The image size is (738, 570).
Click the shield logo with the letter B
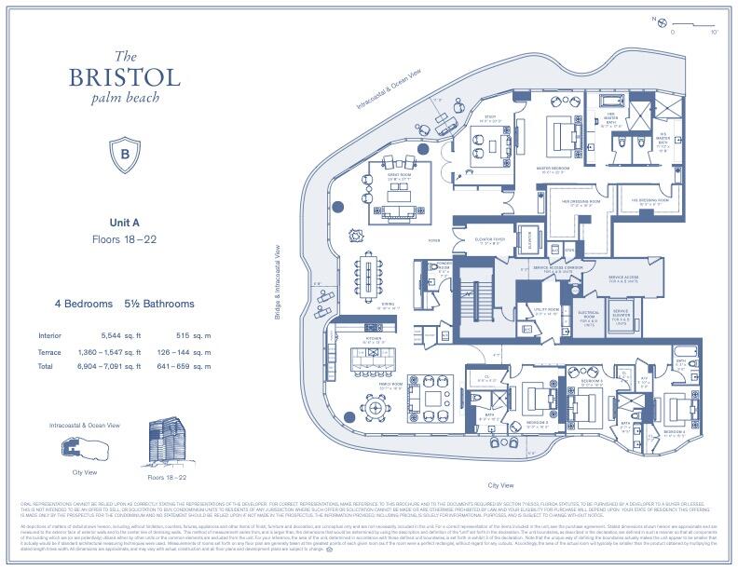[124, 151]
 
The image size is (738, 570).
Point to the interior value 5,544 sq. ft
[118, 335]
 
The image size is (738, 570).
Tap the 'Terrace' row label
[49, 352]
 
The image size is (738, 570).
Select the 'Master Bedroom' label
[557, 170]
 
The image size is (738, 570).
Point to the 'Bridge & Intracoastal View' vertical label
[279, 282]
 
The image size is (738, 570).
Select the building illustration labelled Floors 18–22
[170, 442]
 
